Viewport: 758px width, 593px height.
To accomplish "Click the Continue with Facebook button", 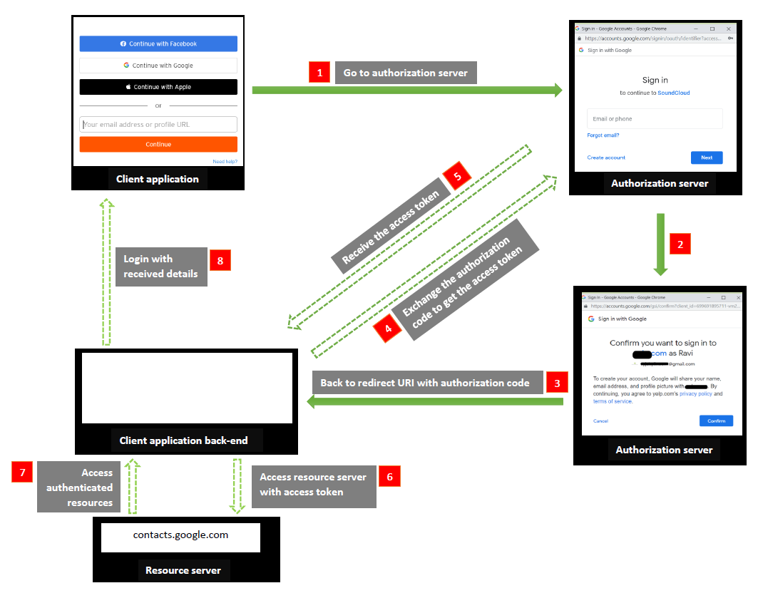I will pos(158,43).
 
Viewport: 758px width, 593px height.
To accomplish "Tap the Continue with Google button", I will pos(158,66).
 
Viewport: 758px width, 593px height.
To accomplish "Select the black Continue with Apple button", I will pos(158,87).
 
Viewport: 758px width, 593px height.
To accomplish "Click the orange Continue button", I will pos(158,144).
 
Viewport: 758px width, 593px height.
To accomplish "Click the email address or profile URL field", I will pos(158,125).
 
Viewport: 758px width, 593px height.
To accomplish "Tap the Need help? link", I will pos(225,162).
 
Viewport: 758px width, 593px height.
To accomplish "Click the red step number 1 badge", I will pos(319,72).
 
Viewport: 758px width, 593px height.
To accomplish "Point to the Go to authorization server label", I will pos(405,73).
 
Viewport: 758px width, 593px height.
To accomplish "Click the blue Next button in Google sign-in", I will pos(706,158).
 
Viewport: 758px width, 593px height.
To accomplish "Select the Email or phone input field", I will pos(655,119).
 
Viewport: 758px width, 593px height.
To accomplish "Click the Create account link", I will pos(606,158).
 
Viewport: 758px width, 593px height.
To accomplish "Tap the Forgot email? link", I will pos(603,135).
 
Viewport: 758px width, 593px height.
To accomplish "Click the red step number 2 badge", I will pos(680,244).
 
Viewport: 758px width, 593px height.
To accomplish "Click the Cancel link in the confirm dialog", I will pos(600,421).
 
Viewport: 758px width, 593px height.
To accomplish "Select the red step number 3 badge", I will pos(557,383).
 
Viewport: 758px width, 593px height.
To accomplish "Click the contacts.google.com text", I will pos(180,535).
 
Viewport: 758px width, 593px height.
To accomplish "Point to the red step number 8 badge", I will pos(220,261).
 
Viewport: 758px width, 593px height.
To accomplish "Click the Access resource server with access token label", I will pos(314,485).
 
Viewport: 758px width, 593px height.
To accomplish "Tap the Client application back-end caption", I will pos(183,440).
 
